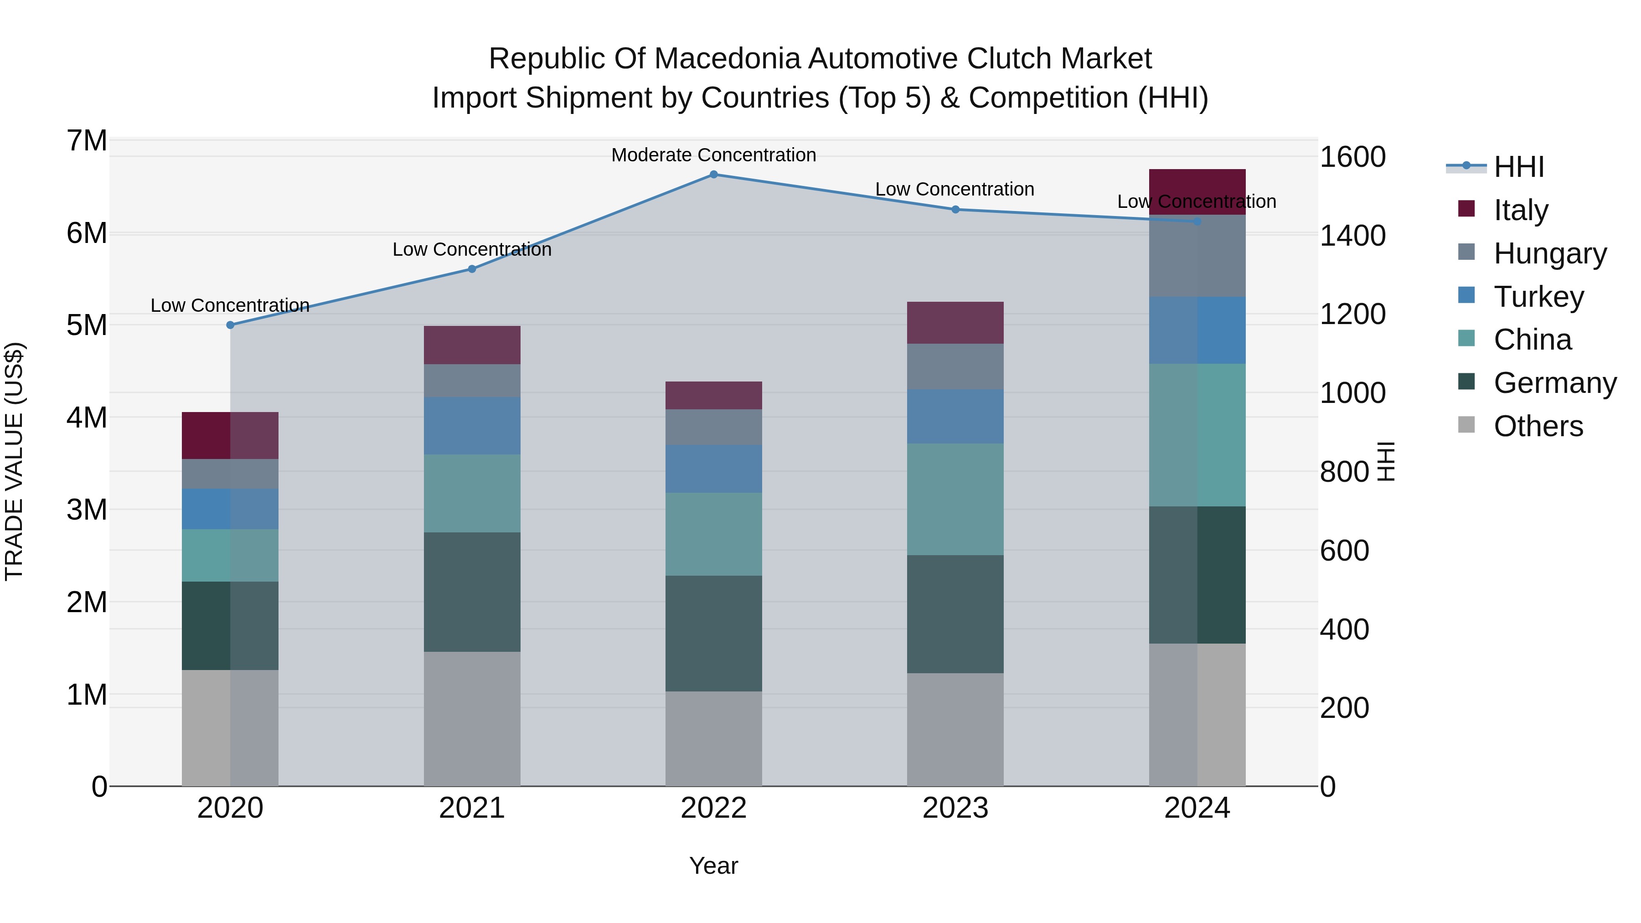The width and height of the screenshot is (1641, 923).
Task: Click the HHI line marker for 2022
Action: [x=713, y=175]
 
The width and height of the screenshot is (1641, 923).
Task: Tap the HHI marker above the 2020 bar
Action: [x=231, y=325]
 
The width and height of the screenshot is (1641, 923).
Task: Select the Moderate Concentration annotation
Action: [x=713, y=155]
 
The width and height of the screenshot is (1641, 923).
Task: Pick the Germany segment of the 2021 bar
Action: [x=472, y=592]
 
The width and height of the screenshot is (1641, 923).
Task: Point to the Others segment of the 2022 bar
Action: [x=713, y=738]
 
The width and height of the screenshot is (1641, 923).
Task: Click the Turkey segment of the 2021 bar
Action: [x=472, y=426]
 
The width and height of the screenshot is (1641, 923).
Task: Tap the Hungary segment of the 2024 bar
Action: [x=1197, y=256]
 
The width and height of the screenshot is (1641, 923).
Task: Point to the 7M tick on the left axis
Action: [x=87, y=141]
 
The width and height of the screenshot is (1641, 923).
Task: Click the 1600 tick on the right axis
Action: [x=1352, y=157]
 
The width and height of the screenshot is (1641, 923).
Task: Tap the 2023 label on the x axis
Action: [x=955, y=808]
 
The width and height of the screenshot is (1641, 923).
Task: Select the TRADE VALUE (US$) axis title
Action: [x=14, y=461]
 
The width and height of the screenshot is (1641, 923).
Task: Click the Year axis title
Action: [x=713, y=866]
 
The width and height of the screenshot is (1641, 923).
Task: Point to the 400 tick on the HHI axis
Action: [x=1344, y=629]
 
